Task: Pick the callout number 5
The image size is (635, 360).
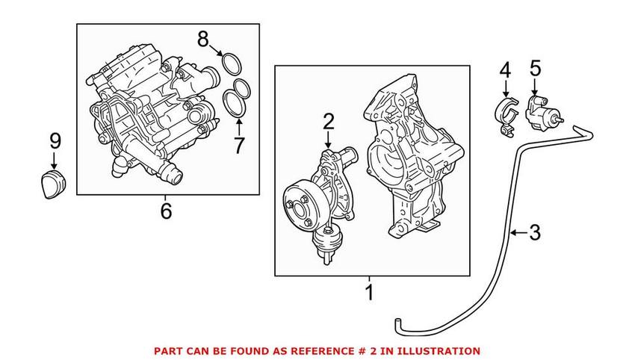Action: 535,70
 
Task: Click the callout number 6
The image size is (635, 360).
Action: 166,211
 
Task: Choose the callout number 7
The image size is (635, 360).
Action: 238,145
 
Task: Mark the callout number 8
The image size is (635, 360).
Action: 203,40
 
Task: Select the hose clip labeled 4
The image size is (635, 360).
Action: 506,115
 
